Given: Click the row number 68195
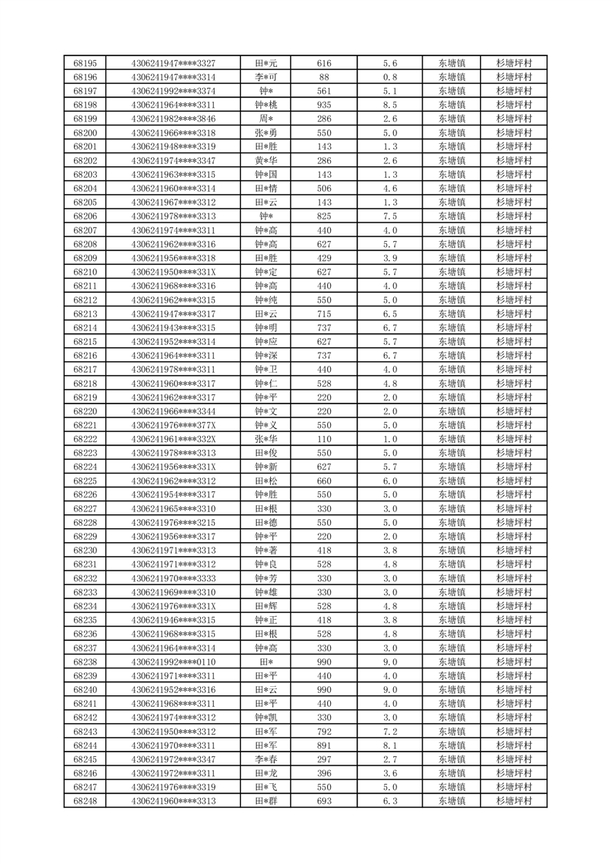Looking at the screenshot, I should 85,63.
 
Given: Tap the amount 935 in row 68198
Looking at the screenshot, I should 324,105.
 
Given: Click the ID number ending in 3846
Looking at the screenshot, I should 173,119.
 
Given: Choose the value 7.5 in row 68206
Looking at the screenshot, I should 389,216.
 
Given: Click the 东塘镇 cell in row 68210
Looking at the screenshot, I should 451,272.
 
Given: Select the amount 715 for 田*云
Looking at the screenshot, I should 324,314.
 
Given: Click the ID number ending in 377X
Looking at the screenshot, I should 173,425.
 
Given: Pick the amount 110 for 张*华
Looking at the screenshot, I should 324,439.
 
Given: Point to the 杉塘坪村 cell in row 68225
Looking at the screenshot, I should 514,481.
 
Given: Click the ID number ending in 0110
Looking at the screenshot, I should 173,661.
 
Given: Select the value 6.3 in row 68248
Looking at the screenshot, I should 389,801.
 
